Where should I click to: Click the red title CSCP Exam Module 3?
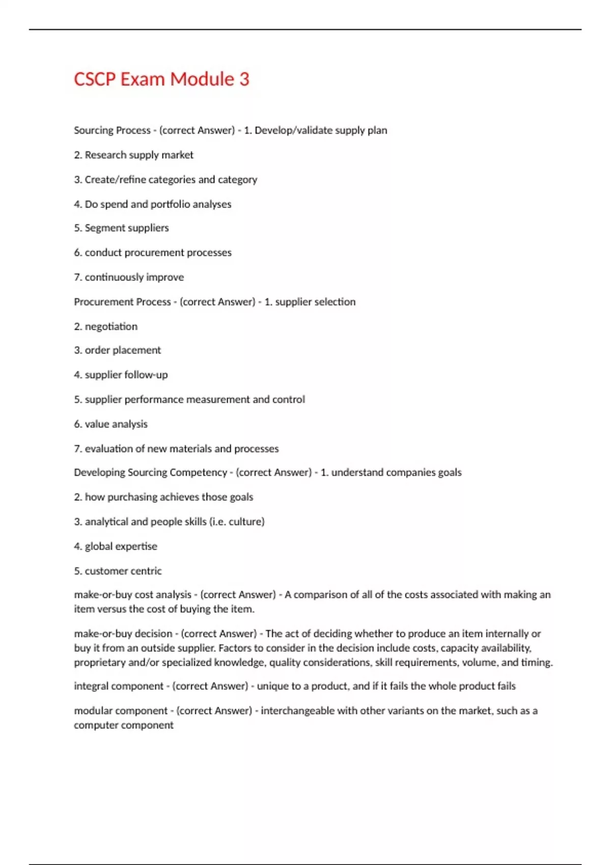point(161,79)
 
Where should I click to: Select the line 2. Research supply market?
point(133,155)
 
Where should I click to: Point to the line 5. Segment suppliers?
point(121,228)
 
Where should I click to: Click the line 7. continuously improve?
point(129,277)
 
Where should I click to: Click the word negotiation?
point(111,327)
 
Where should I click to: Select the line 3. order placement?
point(117,350)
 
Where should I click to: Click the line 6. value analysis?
point(110,424)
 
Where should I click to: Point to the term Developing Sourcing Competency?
point(150,472)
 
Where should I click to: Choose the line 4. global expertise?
point(116,546)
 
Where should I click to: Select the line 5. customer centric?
point(118,571)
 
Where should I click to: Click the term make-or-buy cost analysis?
point(132,595)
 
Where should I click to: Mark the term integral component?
point(119,686)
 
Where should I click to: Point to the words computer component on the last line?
point(124,725)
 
